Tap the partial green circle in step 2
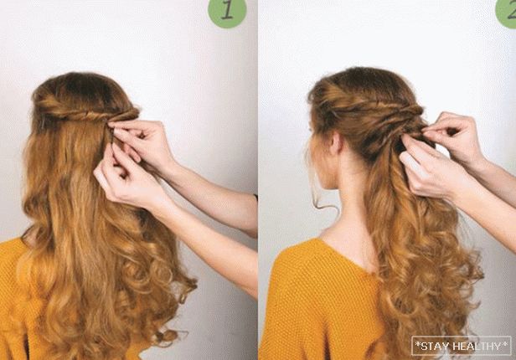tap(507, 12)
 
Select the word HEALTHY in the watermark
tap(477, 346)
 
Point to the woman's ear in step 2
tap(337, 143)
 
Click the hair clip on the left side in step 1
tap(43, 123)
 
